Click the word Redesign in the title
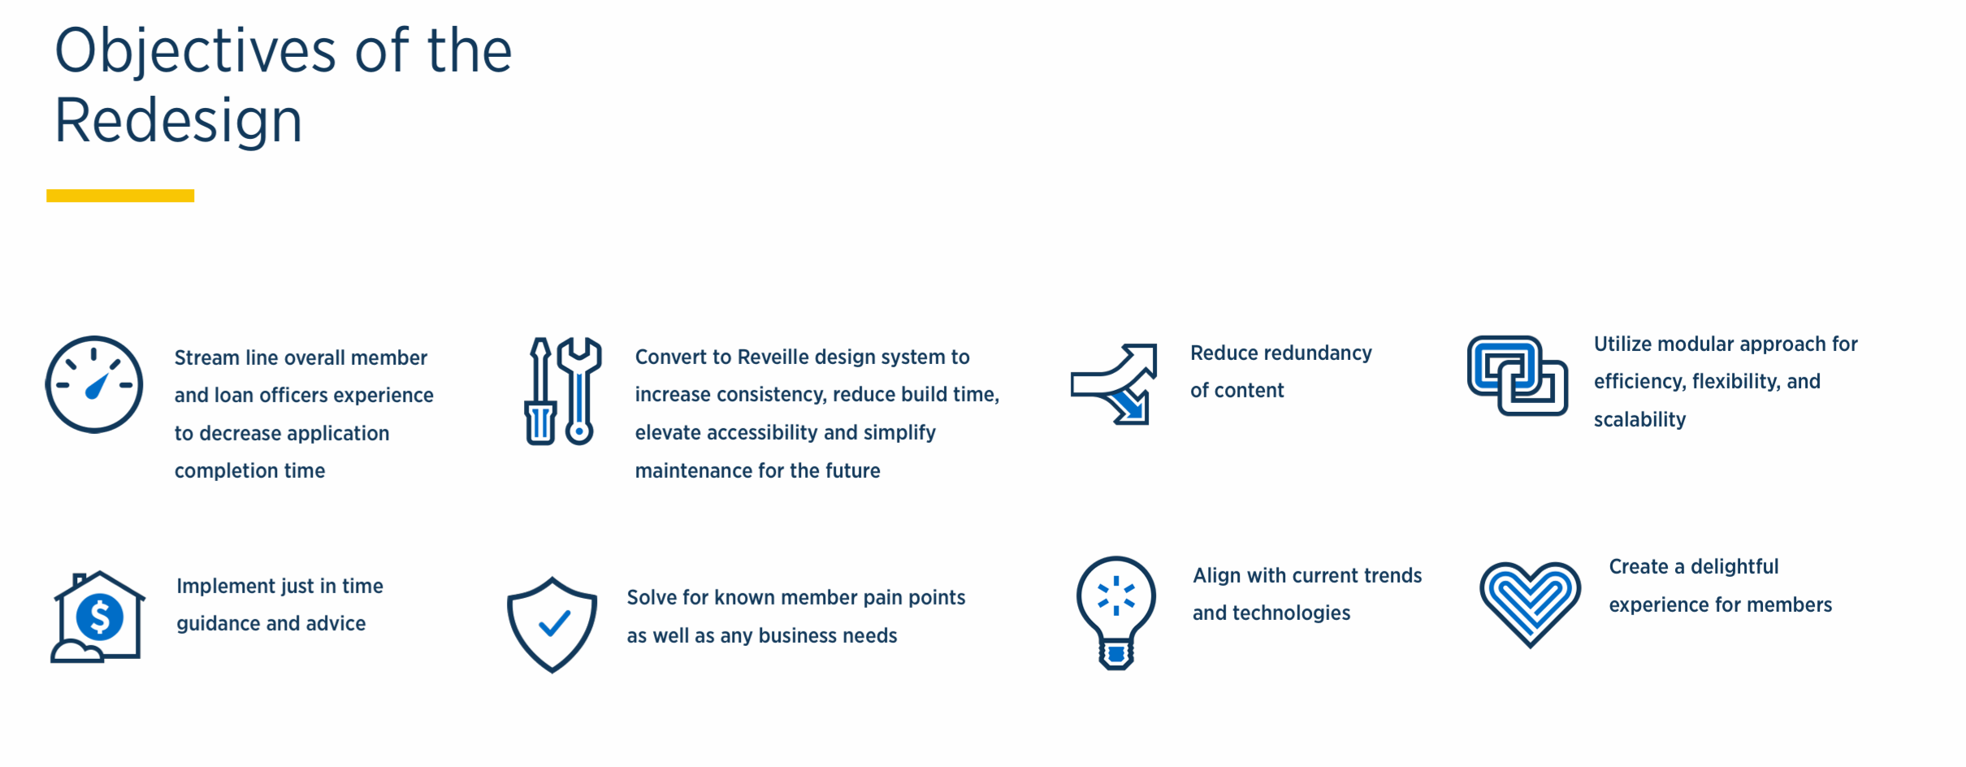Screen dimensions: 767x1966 click(178, 121)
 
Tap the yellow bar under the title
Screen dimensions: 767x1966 click(120, 196)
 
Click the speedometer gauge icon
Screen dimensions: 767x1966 click(94, 384)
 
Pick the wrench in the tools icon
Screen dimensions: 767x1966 click(579, 390)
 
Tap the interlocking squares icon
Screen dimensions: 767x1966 click(1517, 375)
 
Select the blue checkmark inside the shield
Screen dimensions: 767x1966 click(554, 623)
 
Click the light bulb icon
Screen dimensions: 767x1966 click(1116, 611)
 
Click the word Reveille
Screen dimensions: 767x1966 click(773, 357)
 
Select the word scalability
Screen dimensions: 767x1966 click(1639, 420)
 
